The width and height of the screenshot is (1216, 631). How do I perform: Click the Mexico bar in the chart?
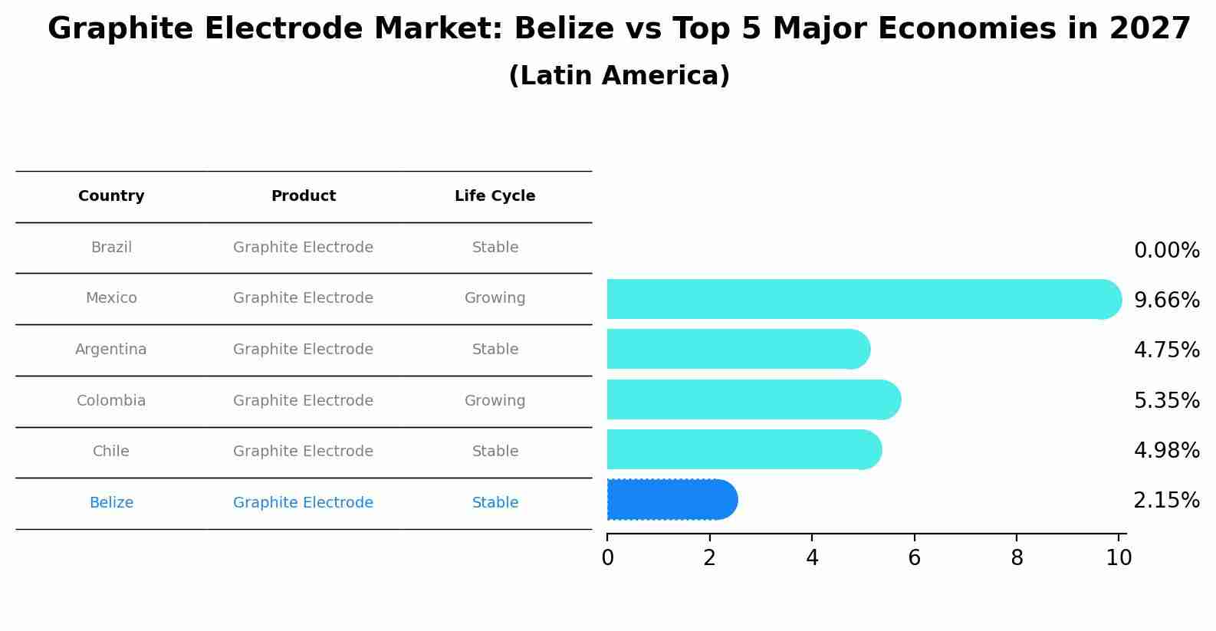(x=859, y=299)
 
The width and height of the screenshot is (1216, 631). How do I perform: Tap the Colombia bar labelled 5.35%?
(x=751, y=399)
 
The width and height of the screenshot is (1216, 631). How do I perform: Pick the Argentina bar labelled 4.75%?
(x=736, y=349)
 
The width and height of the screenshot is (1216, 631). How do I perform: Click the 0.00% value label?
(x=1166, y=251)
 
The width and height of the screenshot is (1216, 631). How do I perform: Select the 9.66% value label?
(x=1166, y=300)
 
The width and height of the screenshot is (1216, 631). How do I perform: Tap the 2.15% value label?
(x=1166, y=501)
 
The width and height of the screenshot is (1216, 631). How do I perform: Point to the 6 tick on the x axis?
(x=914, y=557)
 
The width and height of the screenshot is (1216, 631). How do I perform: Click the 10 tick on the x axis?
(x=1119, y=557)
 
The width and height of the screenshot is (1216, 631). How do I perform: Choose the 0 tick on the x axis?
(x=607, y=557)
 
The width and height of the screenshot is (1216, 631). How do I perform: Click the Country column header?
(x=111, y=196)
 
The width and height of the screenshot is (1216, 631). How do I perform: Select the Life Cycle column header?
(x=495, y=196)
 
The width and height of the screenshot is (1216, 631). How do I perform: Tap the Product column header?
(x=303, y=196)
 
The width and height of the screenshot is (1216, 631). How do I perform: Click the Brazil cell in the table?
(x=111, y=248)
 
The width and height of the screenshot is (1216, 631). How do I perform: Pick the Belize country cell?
(x=111, y=503)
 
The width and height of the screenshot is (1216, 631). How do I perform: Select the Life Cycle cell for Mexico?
(x=495, y=298)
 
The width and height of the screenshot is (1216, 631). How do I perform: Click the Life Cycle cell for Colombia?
(x=495, y=401)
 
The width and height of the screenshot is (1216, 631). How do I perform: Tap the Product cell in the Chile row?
(x=303, y=452)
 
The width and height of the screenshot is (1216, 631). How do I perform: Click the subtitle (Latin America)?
(x=619, y=76)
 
